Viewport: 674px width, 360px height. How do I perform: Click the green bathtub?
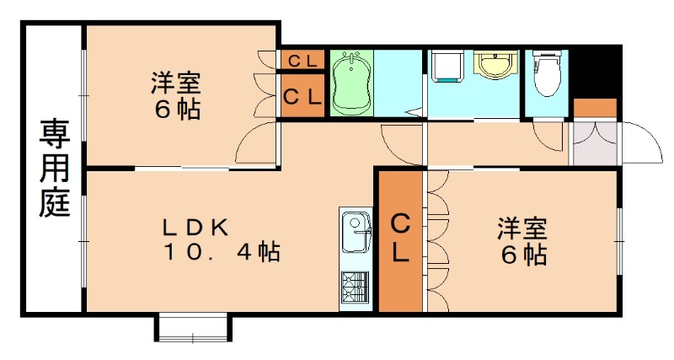click(x=351, y=83)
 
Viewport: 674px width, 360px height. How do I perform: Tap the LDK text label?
click(x=195, y=227)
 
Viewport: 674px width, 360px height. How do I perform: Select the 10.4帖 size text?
click(x=221, y=251)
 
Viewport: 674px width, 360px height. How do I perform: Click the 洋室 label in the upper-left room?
click(x=176, y=84)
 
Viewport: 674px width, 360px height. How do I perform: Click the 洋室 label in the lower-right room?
click(x=522, y=228)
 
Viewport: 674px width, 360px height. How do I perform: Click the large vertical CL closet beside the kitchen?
click(x=400, y=240)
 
